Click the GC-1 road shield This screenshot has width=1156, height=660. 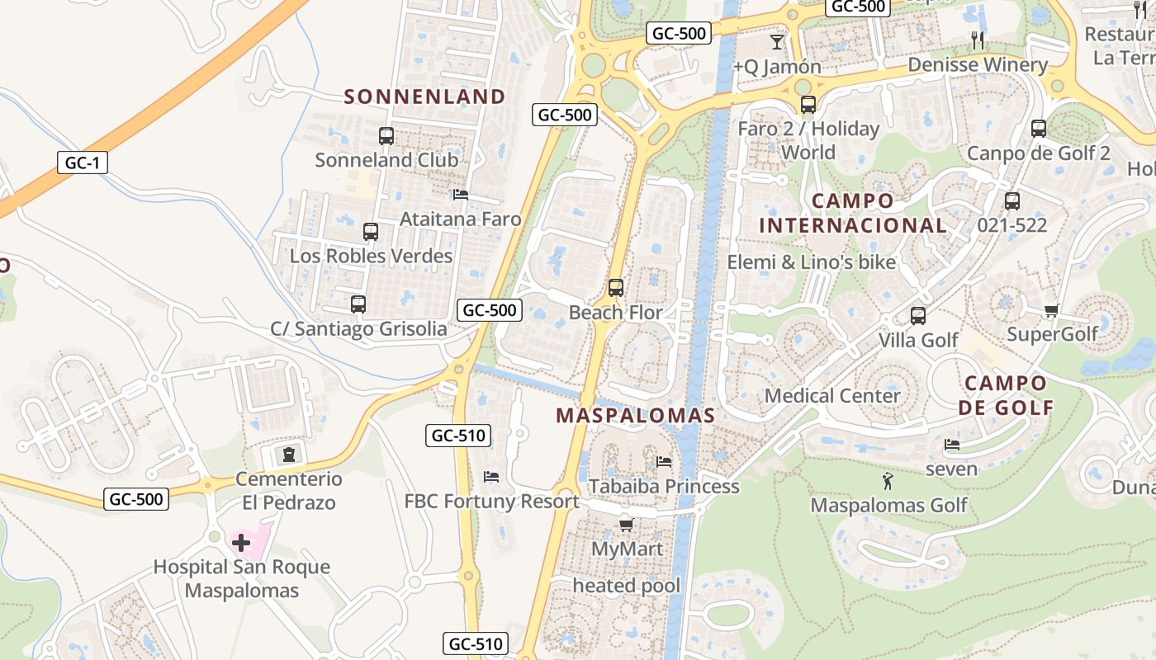[x=83, y=163]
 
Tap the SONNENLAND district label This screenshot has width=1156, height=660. [x=424, y=97]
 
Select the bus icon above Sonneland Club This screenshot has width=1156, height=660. [x=386, y=136]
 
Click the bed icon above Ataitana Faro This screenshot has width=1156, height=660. [x=461, y=195]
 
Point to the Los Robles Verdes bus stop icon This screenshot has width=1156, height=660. [x=371, y=232]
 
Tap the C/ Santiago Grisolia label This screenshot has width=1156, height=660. [x=358, y=328]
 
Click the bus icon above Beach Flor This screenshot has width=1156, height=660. [x=615, y=288]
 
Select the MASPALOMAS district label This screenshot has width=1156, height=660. [x=635, y=415]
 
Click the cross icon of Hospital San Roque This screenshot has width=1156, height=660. [x=241, y=543]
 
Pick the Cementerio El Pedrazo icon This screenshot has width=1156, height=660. [x=288, y=455]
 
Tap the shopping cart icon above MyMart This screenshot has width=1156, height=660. [x=627, y=525]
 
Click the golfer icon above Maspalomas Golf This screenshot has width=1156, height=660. [x=888, y=481]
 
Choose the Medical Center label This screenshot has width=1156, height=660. [x=832, y=395]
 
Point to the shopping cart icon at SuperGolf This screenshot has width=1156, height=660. [x=1051, y=310]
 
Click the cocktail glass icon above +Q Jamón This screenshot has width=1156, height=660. [x=777, y=41]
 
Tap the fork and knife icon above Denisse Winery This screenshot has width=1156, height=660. [x=978, y=39]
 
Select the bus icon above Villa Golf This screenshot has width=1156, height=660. [x=917, y=315]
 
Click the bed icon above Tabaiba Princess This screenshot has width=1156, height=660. [x=664, y=461]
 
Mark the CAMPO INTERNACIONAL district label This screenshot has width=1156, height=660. [x=853, y=213]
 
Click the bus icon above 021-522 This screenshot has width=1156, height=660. [x=1012, y=200]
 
